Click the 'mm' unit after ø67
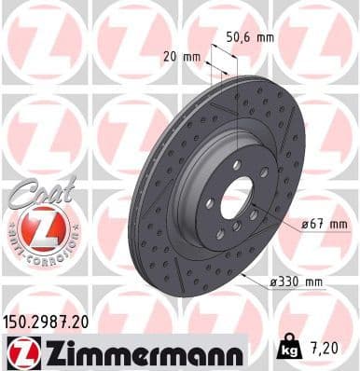[x=339, y=223]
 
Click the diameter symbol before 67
[x=304, y=223]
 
